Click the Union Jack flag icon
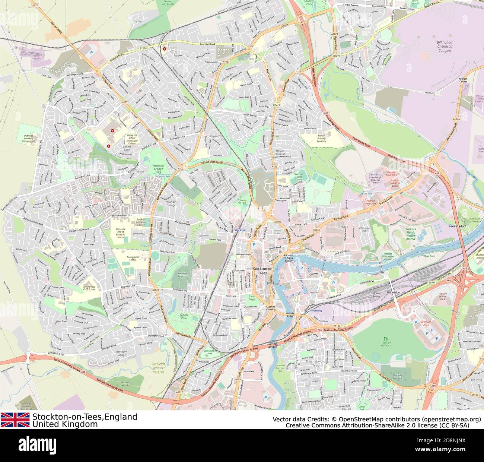(x=15, y=420)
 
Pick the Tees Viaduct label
(x=458, y=226)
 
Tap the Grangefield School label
(x=130, y=257)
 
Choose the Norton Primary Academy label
(x=321, y=138)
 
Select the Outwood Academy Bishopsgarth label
(x=28, y=139)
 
